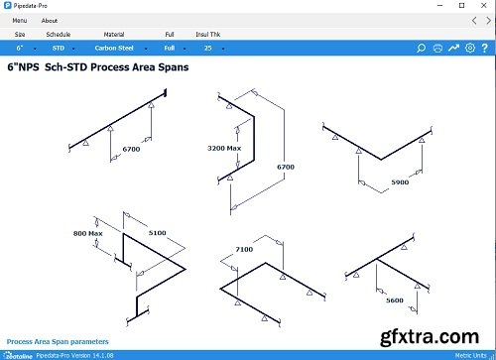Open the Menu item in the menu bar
pos(19,20)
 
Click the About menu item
pos(50,20)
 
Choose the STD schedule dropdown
pos(59,47)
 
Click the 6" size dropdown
pos(20,47)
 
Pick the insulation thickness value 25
pos(208,47)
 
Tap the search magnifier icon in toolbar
pos(421,47)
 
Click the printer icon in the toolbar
pos(437,47)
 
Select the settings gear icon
pos(470,47)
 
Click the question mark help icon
pos(485,47)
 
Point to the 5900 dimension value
pos(400,182)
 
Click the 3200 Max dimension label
pos(224,148)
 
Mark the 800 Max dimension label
pos(88,233)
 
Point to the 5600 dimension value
pos(394,299)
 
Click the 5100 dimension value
pos(158,232)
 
